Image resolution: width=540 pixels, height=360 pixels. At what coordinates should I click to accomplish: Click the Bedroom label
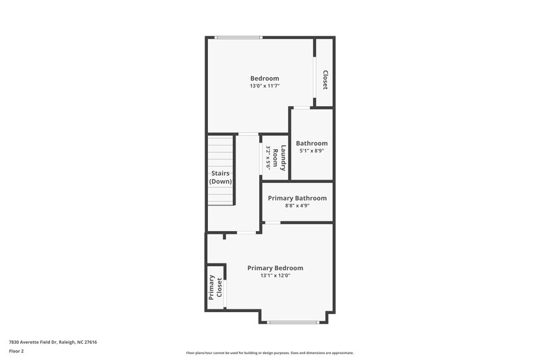coord(265,78)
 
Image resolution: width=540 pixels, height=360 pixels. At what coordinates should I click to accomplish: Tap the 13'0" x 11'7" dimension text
coord(265,86)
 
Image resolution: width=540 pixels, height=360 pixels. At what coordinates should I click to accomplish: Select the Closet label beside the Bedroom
coord(325,80)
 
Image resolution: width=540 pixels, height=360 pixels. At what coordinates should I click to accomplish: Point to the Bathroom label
coord(312,143)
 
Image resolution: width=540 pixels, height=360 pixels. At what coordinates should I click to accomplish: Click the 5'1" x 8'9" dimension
coord(312,151)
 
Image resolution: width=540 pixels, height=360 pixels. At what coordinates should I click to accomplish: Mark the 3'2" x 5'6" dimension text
coord(268,157)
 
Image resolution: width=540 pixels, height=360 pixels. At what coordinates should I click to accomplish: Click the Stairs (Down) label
coord(220,178)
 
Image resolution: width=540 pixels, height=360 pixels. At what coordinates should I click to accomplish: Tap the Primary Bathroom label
coord(297,198)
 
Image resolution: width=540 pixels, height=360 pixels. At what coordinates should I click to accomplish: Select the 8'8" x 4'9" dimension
coord(297,206)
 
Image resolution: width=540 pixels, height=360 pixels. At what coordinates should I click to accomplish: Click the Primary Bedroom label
coord(275,267)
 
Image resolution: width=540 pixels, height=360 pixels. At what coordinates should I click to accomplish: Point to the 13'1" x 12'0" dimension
coord(275,276)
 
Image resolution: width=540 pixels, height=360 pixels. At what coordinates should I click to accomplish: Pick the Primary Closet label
coord(215,287)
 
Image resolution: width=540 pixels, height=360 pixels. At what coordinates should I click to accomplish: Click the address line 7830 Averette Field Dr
coord(53,342)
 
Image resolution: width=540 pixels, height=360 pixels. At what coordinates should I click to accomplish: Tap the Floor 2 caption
coord(17,352)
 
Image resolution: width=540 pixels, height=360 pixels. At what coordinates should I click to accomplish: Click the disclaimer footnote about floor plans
coord(270,353)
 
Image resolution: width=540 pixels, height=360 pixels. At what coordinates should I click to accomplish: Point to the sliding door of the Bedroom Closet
coord(315,78)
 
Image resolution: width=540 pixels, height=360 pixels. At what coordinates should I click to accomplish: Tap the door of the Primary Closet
coord(225,292)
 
